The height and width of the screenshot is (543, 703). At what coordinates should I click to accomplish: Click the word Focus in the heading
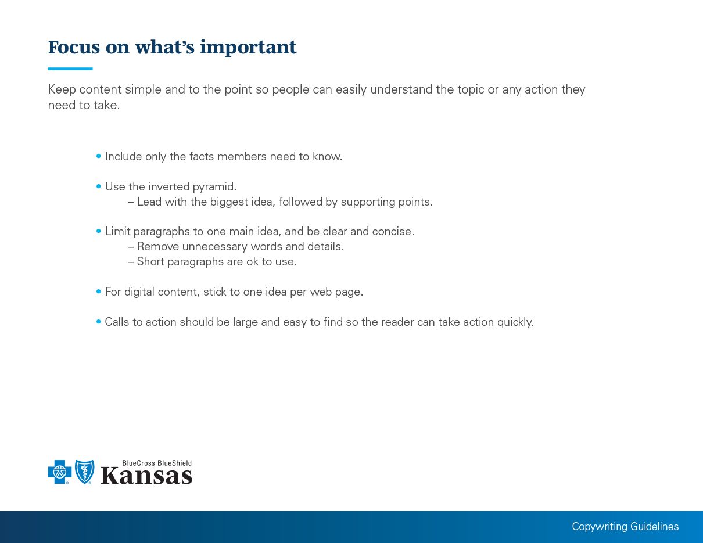(74, 47)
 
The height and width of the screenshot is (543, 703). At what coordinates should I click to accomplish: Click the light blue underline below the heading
(70, 69)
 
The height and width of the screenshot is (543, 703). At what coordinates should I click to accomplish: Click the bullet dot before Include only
(99, 156)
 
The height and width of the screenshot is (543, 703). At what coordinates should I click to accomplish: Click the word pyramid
(214, 187)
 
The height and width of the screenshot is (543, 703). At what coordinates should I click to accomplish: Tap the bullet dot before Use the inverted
(99, 186)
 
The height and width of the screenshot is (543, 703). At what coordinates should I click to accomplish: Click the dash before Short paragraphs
(131, 262)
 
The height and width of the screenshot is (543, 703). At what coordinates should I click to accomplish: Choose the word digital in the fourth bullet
(139, 292)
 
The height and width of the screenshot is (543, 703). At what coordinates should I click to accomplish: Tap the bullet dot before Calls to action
(99, 322)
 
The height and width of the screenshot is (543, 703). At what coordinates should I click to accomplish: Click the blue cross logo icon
(60, 472)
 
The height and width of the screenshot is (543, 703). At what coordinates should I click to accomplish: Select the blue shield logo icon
(85, 472)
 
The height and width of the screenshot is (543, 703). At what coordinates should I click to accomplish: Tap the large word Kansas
(146, 476)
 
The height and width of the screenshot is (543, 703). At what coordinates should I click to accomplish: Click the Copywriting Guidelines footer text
(625, 527)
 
